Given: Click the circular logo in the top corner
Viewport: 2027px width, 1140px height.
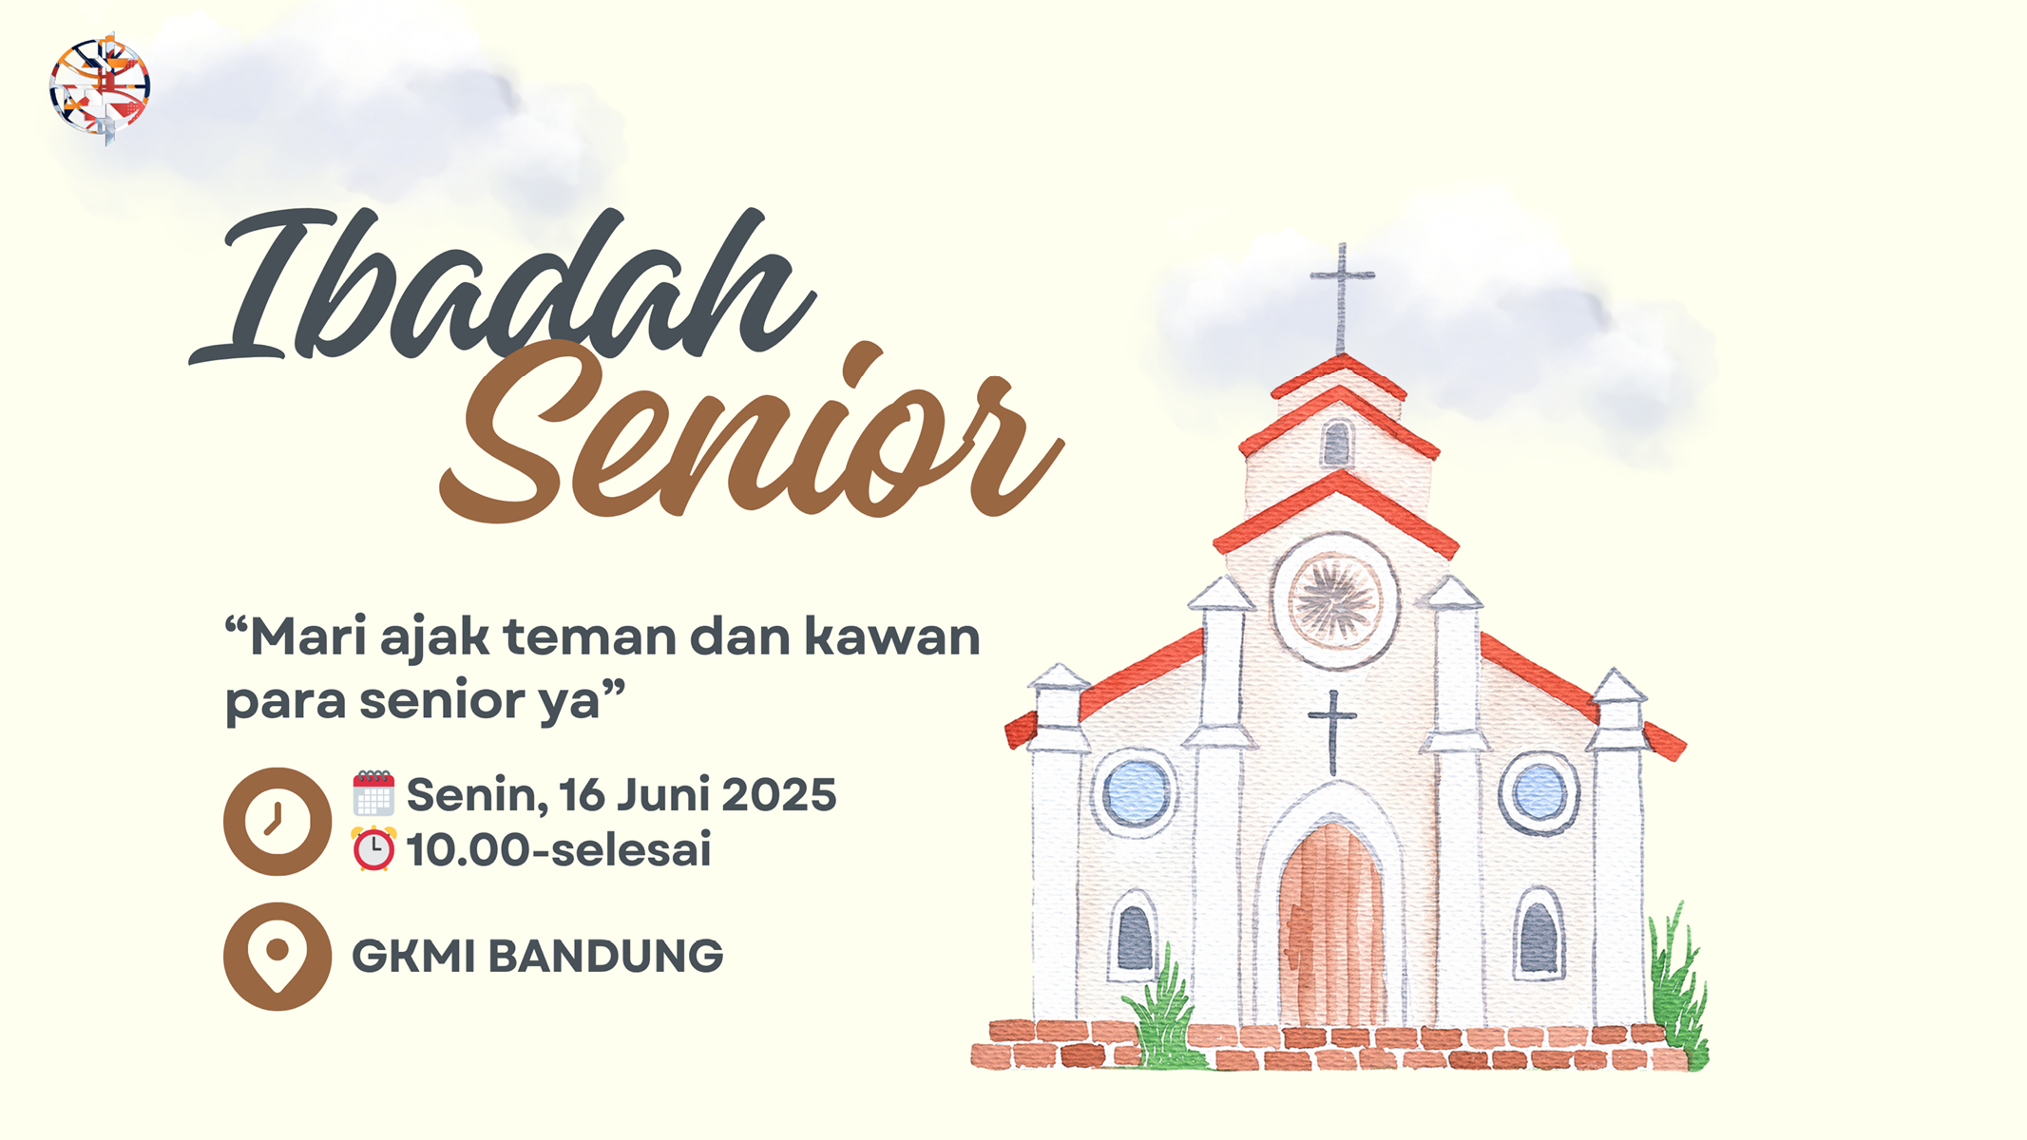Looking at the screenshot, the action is [x=100, y=88].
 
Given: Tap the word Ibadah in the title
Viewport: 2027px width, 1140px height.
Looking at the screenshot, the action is [x=502, y=285].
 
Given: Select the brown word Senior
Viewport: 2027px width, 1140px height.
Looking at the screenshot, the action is [x=751, y=432].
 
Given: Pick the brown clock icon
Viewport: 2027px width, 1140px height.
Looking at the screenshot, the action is [x=277, y=821].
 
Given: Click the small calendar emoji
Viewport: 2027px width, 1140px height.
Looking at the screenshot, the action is [x=373, y=793].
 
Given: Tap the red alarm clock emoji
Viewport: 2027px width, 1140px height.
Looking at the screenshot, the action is [x=373, y=848].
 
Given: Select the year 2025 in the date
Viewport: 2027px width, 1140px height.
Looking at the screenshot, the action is [x=779, y=794].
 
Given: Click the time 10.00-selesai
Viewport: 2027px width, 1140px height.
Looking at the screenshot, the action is [x=559, y=849].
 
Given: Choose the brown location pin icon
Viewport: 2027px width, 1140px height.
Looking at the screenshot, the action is [x=277, y=956].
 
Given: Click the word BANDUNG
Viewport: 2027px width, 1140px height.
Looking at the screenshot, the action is [x=605, y=956].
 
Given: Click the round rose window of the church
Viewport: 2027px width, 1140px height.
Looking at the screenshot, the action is [x=1335, y=599].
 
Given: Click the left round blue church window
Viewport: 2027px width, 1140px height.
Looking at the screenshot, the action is [x=1135, y=792].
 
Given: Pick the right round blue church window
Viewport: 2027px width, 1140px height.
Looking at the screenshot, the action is [x=1539, y=792].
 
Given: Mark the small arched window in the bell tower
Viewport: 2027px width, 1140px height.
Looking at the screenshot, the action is [x=1337, y=443].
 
